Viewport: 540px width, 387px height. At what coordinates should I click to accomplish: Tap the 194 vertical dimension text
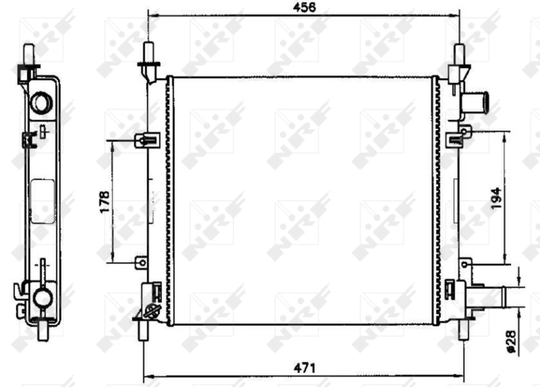pyautogui.click(x=496, y=197)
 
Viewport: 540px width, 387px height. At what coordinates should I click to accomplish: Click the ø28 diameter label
pyautogui.click(x=511, y=341)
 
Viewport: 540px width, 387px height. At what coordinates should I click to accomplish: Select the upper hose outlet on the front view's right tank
pyautogui.click(x=478, y=103)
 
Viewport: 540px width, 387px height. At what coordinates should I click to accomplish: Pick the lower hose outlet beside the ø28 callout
pyautogui.click(x=493, y=296)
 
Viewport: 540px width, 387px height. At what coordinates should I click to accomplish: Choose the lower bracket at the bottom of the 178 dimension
pyautogui.click(x=142, y=261)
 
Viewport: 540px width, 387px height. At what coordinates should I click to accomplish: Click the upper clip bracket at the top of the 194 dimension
pyautogui.click(x=456, y=138)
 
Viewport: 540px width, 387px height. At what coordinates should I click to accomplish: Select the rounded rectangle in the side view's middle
pyautogui.click(x=43, y=201)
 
